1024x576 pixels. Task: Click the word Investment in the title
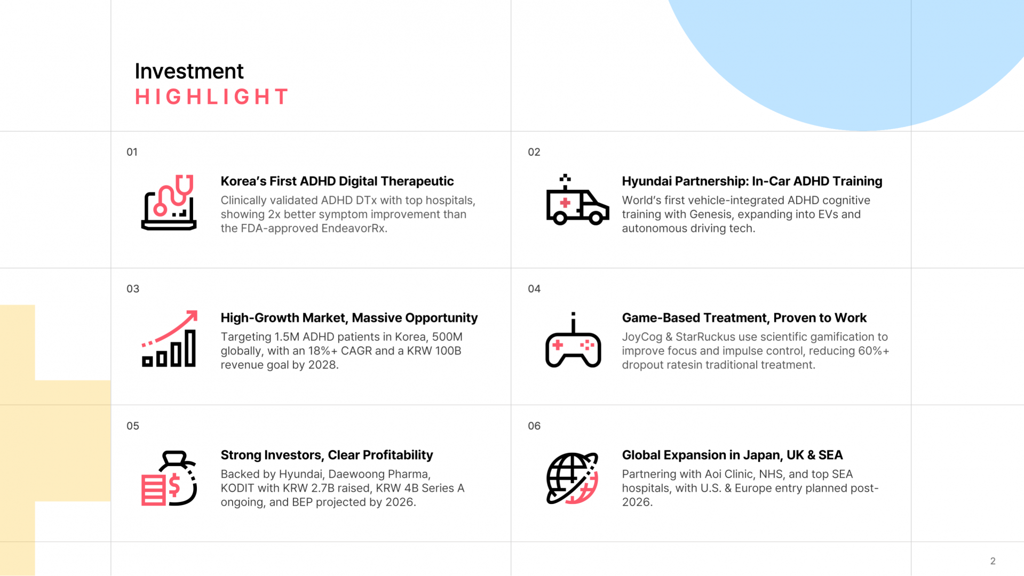pos(189,71)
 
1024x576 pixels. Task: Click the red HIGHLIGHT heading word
pos(211,97)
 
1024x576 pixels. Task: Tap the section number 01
pos(132,152)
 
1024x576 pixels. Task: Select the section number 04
pos(534,289)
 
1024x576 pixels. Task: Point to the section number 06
pos(534,426)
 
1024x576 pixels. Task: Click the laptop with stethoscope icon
pos(169,203)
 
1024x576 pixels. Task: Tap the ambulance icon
pos(577,201)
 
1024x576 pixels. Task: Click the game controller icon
pos(573,340)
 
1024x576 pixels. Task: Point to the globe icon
pos(572,478)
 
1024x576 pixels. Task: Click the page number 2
pos(993,561)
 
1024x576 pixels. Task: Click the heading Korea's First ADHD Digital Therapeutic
pos(337,181)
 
